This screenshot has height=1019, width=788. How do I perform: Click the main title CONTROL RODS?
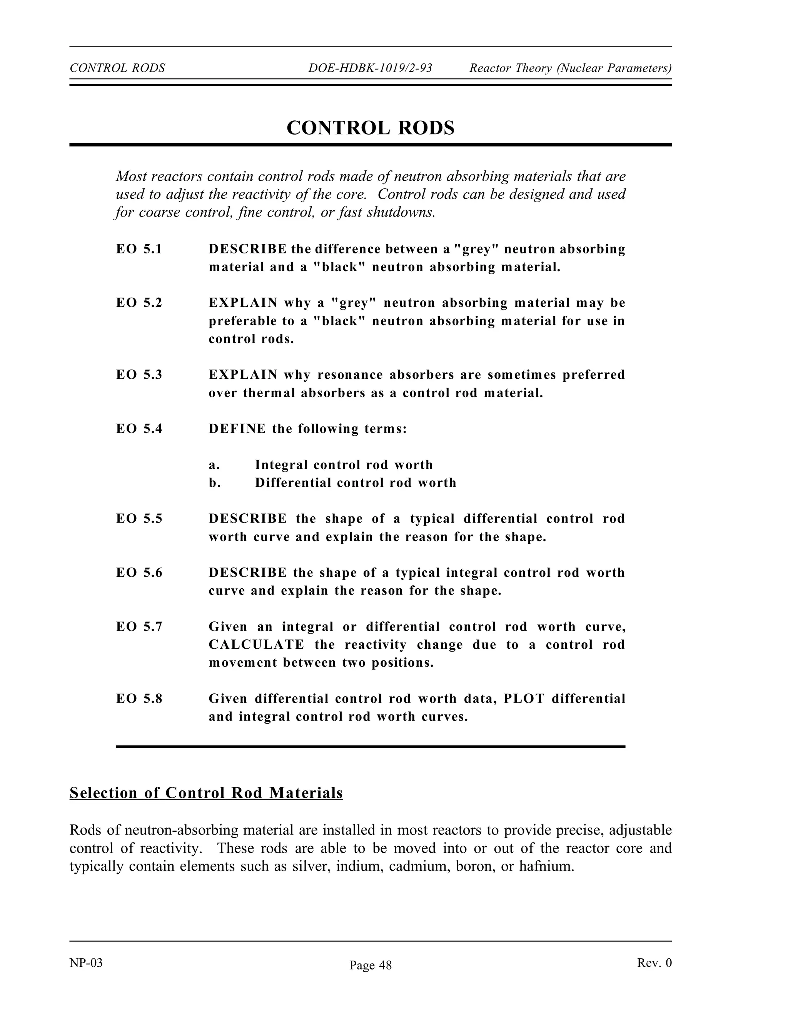[x=370, y=128]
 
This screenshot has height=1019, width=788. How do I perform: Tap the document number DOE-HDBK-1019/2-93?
[x=370, y=68]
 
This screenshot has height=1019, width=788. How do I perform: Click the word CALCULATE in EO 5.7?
[x=256, y=645]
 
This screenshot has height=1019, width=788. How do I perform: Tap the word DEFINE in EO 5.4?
[x=237, y=429]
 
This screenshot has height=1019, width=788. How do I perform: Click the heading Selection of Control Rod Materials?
[x=206, y=793]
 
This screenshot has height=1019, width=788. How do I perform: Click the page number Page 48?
[x=370, y=965]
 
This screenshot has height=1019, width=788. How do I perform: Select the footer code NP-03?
[x=86, y=963]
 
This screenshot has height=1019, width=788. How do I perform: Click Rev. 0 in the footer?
[x=654, y=963]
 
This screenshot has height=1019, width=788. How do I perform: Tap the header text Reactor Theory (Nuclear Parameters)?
[x=570, y=68]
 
